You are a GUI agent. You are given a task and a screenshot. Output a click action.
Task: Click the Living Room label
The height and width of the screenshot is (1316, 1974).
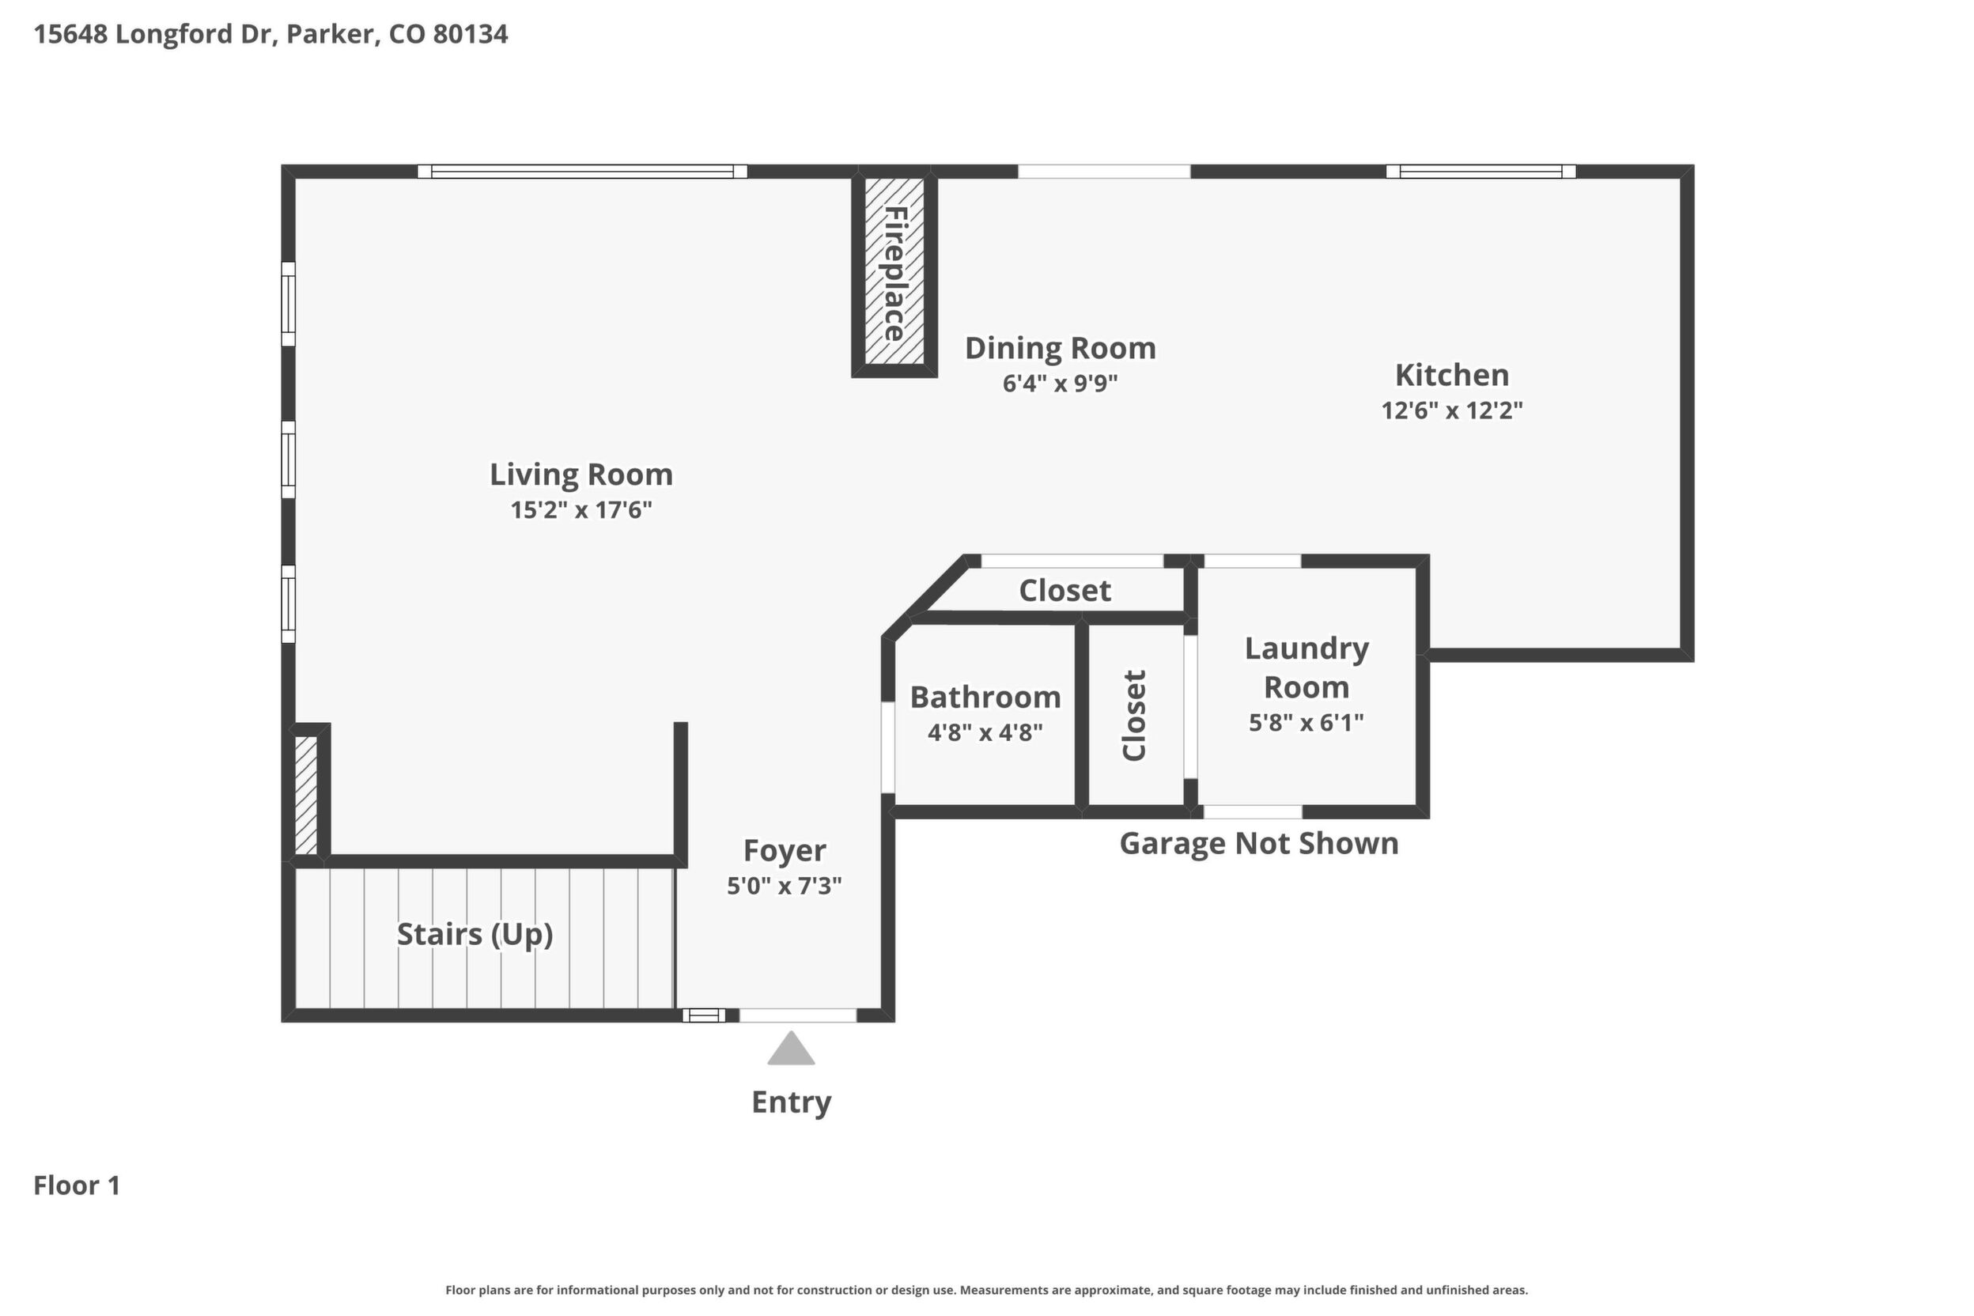coord(580,475)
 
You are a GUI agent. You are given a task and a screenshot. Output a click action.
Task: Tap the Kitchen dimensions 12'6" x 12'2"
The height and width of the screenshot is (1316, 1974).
coord(1452,410)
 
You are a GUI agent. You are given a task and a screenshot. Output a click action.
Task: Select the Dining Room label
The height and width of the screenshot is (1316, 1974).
coord(1060,348)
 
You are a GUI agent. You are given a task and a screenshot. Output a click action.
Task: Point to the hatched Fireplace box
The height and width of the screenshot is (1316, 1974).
coord(894,271)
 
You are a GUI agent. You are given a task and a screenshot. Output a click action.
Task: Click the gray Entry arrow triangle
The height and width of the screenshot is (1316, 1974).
coord(791,1049)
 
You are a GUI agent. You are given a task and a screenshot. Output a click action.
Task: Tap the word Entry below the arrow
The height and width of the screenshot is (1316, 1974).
coord(791,1102)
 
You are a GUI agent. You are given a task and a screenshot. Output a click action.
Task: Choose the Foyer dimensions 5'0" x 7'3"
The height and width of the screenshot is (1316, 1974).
coord(784,887)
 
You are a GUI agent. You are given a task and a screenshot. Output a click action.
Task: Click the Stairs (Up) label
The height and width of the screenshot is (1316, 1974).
coord(475,934)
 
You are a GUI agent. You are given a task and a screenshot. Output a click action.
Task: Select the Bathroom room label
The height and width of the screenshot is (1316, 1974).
coord(985,698)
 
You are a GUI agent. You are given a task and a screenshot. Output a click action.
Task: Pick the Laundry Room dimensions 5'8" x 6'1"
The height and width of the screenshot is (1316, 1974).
coord(1306,723)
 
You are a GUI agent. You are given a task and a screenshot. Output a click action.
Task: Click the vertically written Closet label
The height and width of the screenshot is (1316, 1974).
coord(1134,715)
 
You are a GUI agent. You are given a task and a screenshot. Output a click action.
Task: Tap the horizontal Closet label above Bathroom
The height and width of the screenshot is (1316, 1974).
coord(1065,591)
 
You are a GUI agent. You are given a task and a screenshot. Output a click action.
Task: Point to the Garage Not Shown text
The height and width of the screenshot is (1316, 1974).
coord(1259,844)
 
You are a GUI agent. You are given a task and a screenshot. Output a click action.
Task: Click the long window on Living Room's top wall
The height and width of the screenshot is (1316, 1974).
coord(582,171)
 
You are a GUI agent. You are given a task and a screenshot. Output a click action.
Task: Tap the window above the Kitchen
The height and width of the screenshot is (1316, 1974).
coord(1480,171)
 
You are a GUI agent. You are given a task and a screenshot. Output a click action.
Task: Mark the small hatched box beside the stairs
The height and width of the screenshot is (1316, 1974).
coord(305,796)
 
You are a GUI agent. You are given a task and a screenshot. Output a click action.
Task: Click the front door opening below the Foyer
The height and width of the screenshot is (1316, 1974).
coord(797,1015)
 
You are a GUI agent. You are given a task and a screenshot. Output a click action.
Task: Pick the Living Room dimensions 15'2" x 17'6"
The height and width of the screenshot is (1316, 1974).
coord(580,510)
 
